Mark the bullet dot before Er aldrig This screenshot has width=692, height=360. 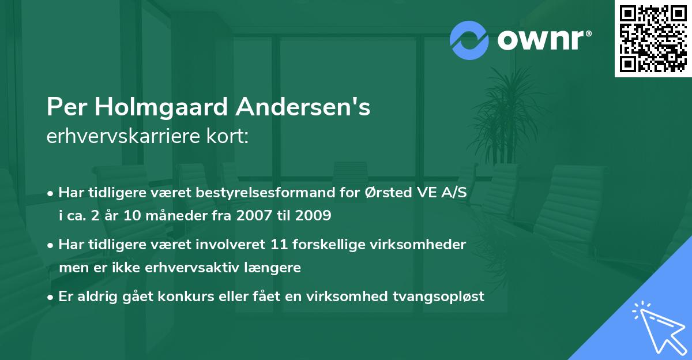coord(51,298)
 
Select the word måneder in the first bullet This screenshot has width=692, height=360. coord(152,216)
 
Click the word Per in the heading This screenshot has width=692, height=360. coord(65,107)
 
